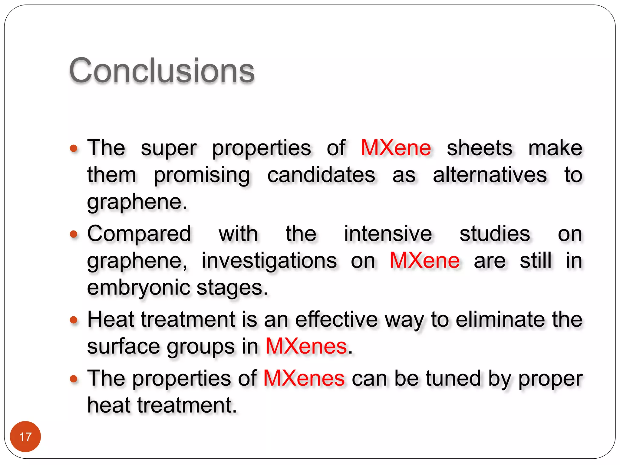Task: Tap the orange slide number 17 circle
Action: [x=25, y=437]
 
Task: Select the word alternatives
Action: [x=490, y=175]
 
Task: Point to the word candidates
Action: [x=321, y=175]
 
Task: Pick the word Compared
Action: [x=139, y=234]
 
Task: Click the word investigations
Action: [x=269, y=261]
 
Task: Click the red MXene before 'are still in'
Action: [x=424, y=260]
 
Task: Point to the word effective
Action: [x=336, y=319]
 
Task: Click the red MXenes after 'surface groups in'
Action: [x=306, y=346]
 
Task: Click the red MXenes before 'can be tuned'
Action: [x=304, y=378]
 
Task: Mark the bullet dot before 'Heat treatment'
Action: [x=74, y=320]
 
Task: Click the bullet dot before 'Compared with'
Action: [x=74, y=234]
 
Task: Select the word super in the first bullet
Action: [x=169, y=149]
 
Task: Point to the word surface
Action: [x=123, y=346]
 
